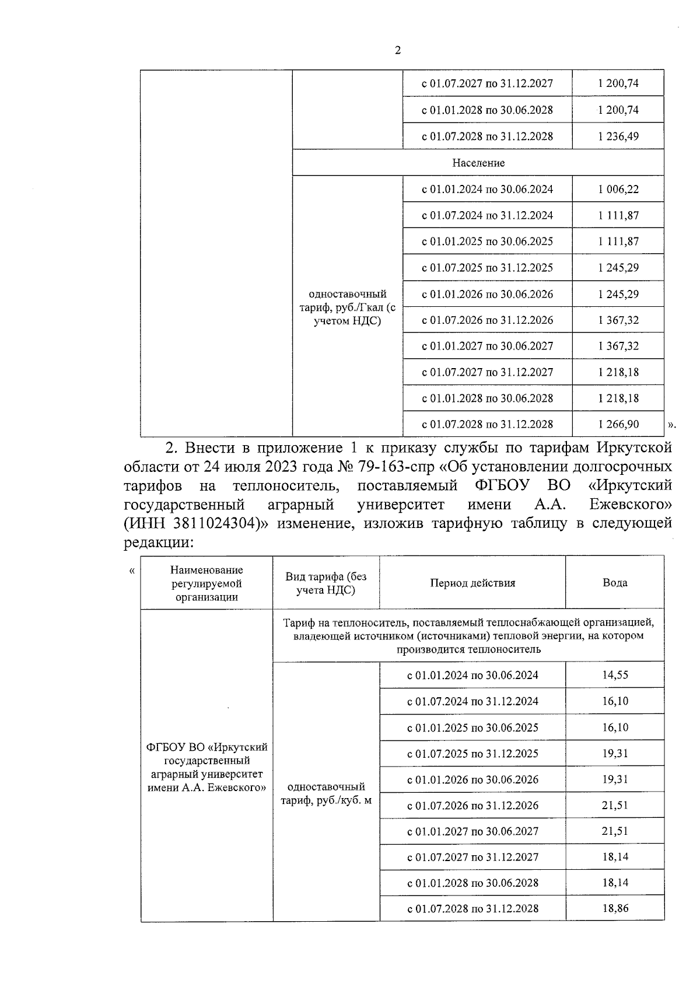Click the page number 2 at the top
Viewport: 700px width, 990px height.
tap(398, 51)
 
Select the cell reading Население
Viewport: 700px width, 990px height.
tap(478, 163)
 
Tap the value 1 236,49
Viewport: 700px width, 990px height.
tap(618, 137)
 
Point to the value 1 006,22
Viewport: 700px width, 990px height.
tap(618, 189)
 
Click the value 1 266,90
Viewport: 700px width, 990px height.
tap(618, 424)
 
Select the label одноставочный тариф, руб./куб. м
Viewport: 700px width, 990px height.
tap(326, 793)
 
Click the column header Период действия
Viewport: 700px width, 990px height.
tap(473, 583)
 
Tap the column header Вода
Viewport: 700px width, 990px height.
tap(615, 583)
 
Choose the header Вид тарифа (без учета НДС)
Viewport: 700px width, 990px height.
tap(326, 583)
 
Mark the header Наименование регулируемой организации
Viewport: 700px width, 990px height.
tap(206, 583)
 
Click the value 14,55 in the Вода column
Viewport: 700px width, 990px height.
tap(615, 675)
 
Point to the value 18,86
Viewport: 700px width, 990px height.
tap(615, 908)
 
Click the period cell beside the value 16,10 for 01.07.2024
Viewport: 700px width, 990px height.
tap(473, 701)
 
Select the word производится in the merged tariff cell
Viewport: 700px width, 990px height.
tap(426, 649)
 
